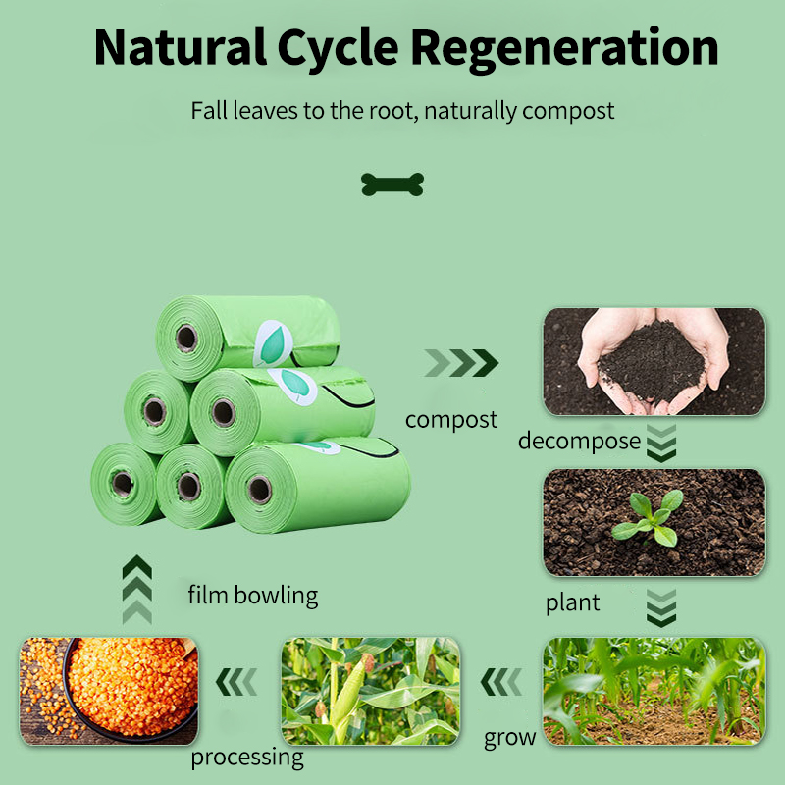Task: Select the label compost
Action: tap(451, 420)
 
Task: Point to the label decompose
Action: tap(579, 441)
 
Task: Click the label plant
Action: tap(573, 602)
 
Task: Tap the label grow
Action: tap(510, 737)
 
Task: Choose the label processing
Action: tap(247, 757)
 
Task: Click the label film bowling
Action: tap(253, 595)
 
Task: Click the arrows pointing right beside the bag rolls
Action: tap(461, 363)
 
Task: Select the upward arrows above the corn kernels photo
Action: tap(137, 589)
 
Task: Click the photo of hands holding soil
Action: tap(654, 362)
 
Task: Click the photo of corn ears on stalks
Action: tap(371, 691)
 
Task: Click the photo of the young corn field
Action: tap(654, 691)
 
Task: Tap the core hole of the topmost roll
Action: tap(185, 339)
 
